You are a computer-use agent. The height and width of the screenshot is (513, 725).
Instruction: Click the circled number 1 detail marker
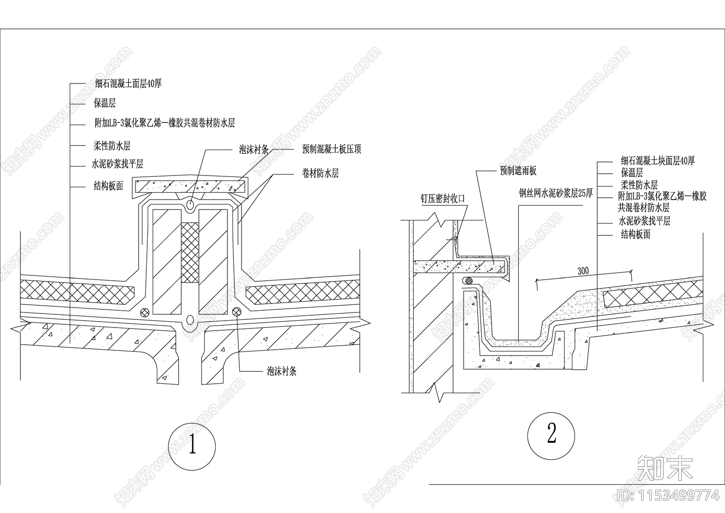(x=192, y=446)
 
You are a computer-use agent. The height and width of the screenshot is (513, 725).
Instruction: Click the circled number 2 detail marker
(x=551, y=435)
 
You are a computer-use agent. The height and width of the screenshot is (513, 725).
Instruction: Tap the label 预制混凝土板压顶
(x=331, y=149)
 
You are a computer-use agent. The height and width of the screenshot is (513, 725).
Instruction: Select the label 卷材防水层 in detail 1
(x=320, y=173)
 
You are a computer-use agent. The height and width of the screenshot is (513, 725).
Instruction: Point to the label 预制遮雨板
(x=518, y=171)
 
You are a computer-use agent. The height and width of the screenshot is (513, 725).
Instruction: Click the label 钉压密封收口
(x=443, y=198)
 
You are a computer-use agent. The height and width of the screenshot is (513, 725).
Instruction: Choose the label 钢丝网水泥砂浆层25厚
(x=556, y=193)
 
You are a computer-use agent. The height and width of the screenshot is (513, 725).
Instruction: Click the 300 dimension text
(x=583, y=271)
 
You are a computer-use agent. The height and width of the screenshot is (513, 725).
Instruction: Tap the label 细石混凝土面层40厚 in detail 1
(x=129, y=83)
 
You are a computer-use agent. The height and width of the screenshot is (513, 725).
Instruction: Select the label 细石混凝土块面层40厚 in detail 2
(x=657, y=161)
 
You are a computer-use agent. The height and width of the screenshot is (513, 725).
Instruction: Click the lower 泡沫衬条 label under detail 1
(x=281, y=371)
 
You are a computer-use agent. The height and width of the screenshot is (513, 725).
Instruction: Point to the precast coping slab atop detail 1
(x=190, y=186)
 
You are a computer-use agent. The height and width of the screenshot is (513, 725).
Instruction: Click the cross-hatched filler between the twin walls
(x=190, y=253)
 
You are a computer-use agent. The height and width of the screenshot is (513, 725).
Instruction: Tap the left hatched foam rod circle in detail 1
(x=145, y=312)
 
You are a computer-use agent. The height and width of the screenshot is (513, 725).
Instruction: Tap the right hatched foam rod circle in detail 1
(x=237, y=312)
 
